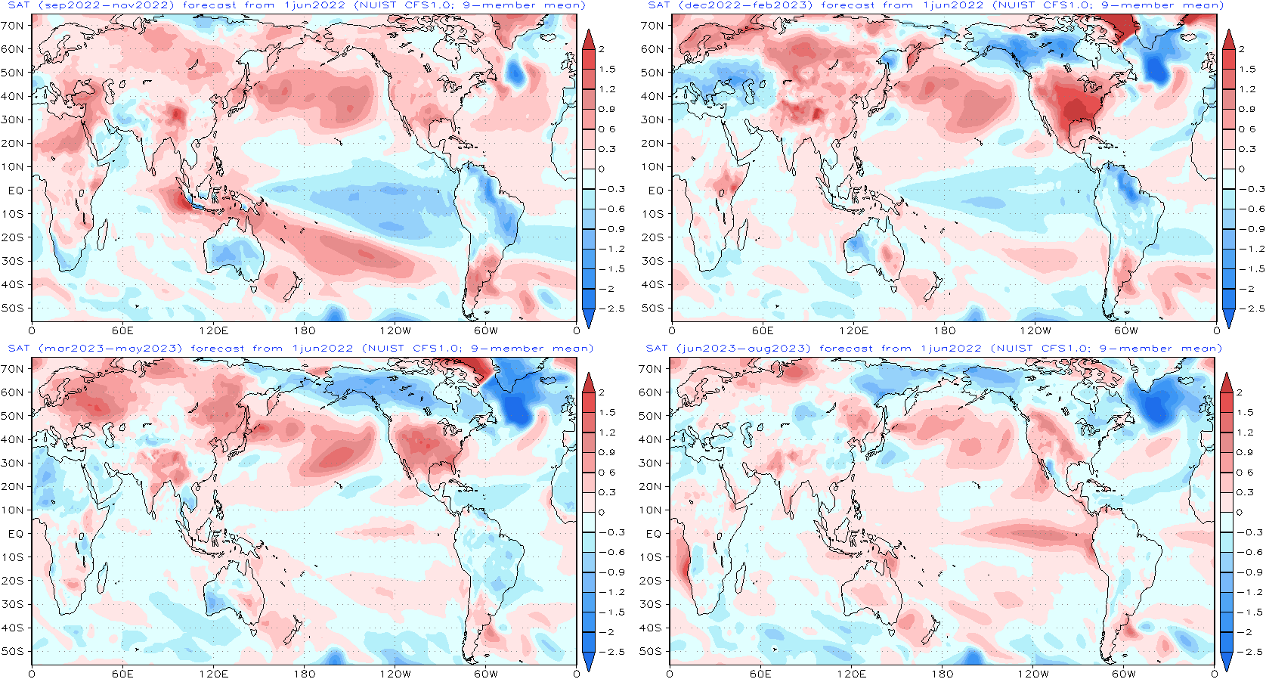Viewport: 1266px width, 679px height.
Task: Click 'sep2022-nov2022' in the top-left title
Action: pyautogui.click(x=107, y=5)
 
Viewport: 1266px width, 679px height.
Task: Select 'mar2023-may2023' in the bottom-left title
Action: pyautogui.click(x=110, y=349)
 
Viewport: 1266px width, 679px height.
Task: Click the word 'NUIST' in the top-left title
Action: pyautogui.click(x=382, y=5)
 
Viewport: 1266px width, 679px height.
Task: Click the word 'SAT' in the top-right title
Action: pyautogui.click(x=658, y=5)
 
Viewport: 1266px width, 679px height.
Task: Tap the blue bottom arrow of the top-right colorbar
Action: pyautogui.click(x=1228, y=318)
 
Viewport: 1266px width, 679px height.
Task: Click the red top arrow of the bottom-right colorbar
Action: pyautogui.click(x=1227, y=383)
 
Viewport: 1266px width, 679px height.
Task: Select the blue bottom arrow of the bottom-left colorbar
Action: pyautogui.click(x=588, y=661)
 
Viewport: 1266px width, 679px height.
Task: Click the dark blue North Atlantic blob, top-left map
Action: pyautogui.click(x=516, y=72)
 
